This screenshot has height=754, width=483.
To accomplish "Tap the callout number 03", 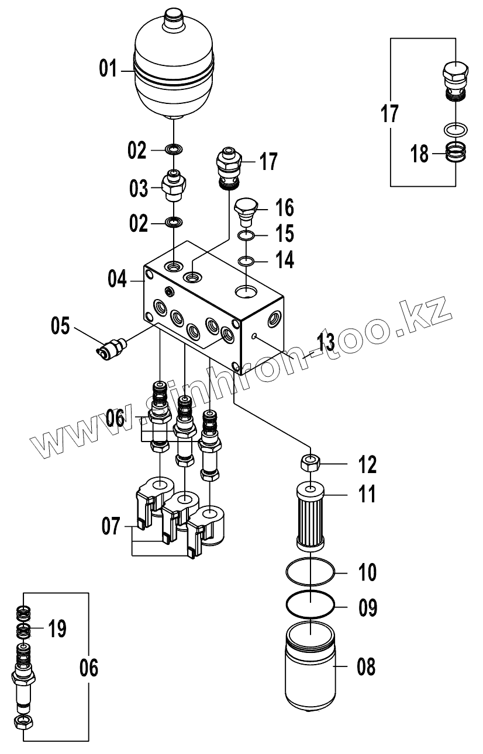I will tap(139, 189).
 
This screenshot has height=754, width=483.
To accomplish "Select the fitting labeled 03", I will tap(174, 186).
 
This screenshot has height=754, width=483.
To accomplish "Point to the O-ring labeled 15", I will tap(246, 237).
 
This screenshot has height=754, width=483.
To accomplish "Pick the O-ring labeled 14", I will tap(246, 260).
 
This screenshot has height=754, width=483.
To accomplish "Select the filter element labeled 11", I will tap(311, 515).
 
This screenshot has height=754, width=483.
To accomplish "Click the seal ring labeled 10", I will tap(311, 571).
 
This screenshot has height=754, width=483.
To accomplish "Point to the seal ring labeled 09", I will tap(311, 604).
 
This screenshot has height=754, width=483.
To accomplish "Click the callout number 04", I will tap(118, 279).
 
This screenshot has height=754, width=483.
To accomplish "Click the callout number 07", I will tap(111, 527).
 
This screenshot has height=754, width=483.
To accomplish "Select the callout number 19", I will tap(57, 629).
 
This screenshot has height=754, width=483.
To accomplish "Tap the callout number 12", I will tap(367, 465).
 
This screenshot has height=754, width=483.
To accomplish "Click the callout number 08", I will tap(366, 666).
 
